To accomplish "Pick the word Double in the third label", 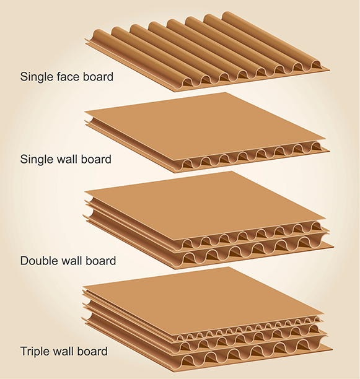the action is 37,261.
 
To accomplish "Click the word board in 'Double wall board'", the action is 101,261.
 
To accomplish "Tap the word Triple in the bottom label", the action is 34,351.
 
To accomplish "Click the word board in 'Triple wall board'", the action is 92,351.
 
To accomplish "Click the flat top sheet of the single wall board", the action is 206,126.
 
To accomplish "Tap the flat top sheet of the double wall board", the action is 206,206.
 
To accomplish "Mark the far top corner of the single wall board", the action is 226,92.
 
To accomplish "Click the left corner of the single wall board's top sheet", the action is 85,111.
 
